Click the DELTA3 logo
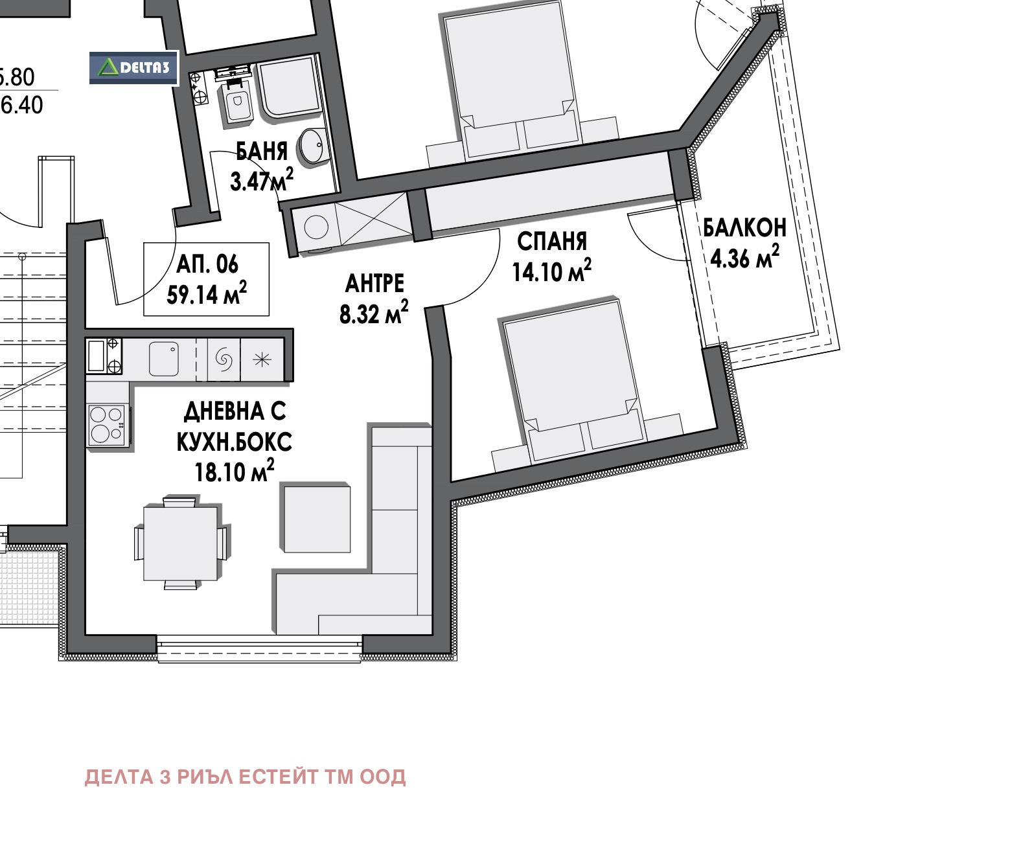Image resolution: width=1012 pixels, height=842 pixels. pyautogui.click(x=133, y=68)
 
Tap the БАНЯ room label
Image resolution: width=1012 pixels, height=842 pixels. pyautogui.click(x=262, y=152)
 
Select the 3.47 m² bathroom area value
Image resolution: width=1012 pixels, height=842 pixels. pyautogui.click(x=262, y=180)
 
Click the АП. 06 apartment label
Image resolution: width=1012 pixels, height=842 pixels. pyautogui.click(x=207, y=264)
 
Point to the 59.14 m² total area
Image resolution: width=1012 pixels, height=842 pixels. pyautogui.click(x=207, y=293)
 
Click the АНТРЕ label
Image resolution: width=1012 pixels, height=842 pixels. pyautogui.click(x=374, y=284)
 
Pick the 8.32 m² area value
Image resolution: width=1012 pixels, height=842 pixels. pyautogui.click(x=374, y=312)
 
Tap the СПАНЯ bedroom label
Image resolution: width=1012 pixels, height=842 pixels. pyautogui.click(x=552, y=241)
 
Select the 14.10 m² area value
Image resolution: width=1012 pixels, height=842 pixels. pyautogui.click(x=552, y=271)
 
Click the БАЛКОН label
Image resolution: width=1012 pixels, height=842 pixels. pyautogui.click(x=744, y=228)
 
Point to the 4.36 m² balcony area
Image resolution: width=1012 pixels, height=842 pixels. pyautogui.click(x=745, y=256)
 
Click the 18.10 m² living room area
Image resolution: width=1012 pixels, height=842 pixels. pyautogui.click(x=235, y=471)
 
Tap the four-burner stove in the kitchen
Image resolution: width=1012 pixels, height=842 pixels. pyautogui.click(x=108, y=425)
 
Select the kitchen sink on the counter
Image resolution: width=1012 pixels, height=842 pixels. pyautogui.click(x=164, y=359)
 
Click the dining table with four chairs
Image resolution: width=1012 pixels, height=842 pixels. pyautogui.click(x=180, y=542)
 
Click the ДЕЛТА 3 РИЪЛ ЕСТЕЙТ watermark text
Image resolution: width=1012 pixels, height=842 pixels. pyautogui.click(x=245, y=777)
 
